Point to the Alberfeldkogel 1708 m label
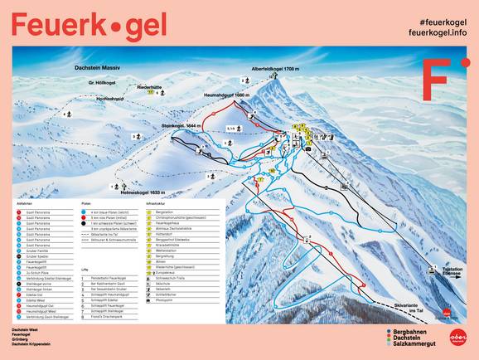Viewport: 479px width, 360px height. coord(278,69)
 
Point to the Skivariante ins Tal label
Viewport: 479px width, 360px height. coord(409,305)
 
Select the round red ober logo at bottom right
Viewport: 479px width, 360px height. coord(458,338)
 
